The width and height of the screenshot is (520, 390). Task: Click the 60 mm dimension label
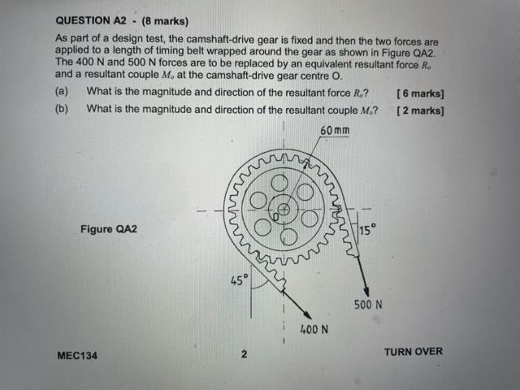[x=335, y=131]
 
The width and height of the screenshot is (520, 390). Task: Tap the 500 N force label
[x=368, y=305]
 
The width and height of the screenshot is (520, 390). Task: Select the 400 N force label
[x=313, y=330]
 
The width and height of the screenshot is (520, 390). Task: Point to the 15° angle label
[x=368, y=230]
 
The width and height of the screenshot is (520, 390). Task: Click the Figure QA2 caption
[x=109, y=229]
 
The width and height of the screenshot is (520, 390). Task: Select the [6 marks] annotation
[x=420, y=93]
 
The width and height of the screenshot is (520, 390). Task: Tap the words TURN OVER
[x=413, y=351]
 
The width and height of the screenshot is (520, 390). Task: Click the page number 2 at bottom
[x=244, y=354]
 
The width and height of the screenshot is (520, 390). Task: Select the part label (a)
[x=62, y=93]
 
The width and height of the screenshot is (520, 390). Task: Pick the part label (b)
[x=62, y=110]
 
